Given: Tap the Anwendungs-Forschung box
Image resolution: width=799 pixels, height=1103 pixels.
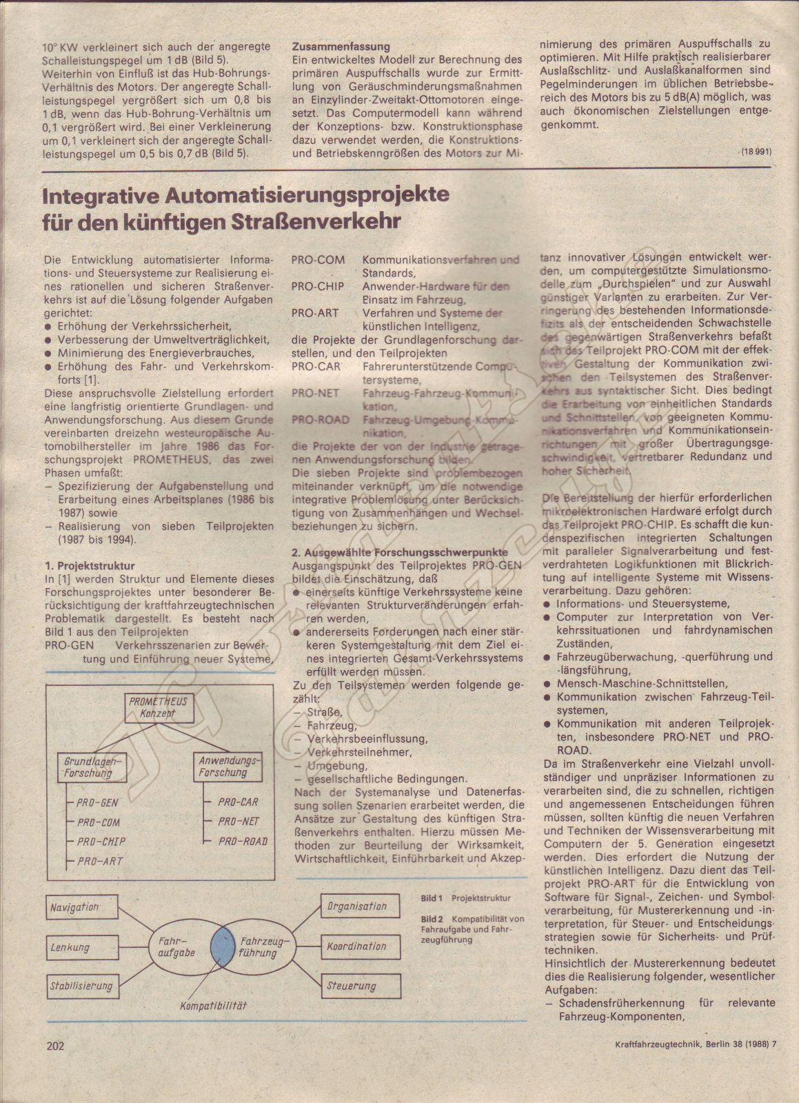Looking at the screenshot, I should pos(227,767).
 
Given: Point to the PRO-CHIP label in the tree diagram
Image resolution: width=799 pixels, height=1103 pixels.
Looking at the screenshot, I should pos(101,842).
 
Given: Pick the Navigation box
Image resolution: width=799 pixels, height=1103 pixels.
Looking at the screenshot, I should pos(75,907).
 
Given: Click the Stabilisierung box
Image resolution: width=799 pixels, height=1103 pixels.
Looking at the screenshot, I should pos(81,986).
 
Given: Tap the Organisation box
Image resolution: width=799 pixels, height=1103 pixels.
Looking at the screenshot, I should pos(357,907).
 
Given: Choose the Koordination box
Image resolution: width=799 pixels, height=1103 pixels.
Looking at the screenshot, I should pos(356,947).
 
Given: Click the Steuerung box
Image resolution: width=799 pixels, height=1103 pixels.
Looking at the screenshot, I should pos(352,986).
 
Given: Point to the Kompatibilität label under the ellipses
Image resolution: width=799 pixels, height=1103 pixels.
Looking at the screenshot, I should pos(213,1006).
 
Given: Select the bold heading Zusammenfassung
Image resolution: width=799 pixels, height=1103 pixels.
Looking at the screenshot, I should pos(341,46).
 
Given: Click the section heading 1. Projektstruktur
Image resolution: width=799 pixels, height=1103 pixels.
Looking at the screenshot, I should pos(87,565).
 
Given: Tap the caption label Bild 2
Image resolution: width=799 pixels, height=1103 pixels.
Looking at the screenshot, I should pos(432,919).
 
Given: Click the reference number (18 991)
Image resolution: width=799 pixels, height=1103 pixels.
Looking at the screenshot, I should pos(756,151).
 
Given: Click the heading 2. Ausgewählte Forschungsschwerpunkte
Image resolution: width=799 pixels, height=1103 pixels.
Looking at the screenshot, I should pos(400,552).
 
